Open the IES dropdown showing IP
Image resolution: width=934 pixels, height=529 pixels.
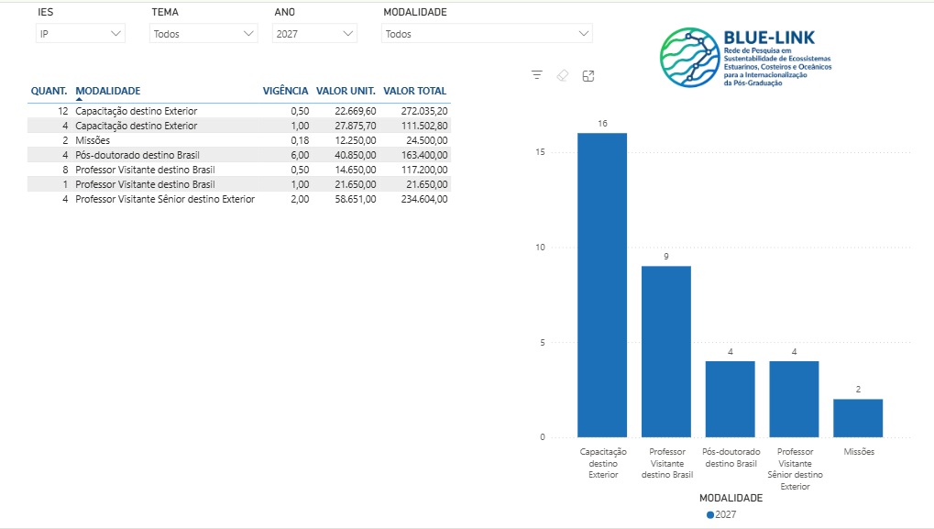click(80, 34)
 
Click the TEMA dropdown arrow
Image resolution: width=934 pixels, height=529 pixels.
click(248, 34)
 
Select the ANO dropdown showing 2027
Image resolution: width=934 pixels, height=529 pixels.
click(314, 34)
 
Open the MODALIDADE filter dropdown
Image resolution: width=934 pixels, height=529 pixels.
click(487, 34)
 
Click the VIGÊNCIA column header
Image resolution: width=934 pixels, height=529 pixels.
click(285, 91)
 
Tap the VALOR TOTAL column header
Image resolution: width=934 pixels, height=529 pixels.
click(414, 91)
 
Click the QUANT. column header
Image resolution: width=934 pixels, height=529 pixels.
click(49, 91)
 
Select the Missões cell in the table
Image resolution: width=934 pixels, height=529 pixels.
click(93, 140)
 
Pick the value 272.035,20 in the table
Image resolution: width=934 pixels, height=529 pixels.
click(424, 112)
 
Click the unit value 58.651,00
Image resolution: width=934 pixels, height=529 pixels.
click(355, 200)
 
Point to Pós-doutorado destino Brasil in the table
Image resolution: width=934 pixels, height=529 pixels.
click(137, 156)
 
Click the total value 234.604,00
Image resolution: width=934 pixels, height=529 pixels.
click(424, 200)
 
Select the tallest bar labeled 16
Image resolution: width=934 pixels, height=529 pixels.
click(602, 285)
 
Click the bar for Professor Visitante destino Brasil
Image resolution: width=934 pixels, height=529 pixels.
click(666, 351)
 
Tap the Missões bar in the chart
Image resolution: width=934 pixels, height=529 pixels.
click(858, 418)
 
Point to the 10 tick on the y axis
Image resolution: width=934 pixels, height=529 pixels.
click(540, 248)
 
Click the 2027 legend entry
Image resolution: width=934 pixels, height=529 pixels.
click(721, 514)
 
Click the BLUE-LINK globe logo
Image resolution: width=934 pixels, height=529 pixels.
click(690, 57)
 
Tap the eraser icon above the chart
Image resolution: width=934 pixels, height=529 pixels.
click(562, 76)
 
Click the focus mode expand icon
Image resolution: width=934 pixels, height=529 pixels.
click(588, 76)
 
